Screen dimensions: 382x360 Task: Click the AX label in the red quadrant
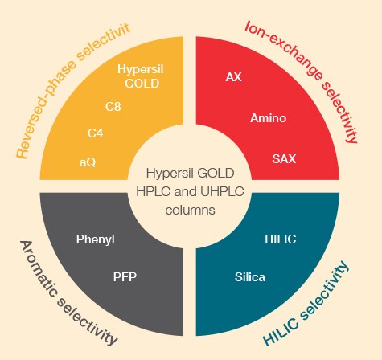point(233,77)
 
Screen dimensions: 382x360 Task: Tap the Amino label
point(268,118)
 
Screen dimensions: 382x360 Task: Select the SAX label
point(284,159)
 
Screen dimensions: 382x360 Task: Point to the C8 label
point(113,107)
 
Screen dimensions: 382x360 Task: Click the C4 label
point(95,133)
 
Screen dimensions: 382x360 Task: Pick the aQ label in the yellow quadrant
point(88,162)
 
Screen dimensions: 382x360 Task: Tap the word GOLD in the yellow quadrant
point(142,84)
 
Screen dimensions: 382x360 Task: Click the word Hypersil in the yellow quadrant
point(141,69)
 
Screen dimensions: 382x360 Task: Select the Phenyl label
point(96,239)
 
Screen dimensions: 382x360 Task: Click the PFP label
point(125,277)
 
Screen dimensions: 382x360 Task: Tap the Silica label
point(250,277)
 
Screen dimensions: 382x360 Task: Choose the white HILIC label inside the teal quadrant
point(281,239)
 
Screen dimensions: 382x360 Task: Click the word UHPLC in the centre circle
point(222,191)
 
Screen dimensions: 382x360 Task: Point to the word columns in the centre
point(190,211)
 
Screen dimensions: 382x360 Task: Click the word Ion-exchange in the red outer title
point(285,49)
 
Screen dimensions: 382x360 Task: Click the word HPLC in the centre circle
point(153,191)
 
